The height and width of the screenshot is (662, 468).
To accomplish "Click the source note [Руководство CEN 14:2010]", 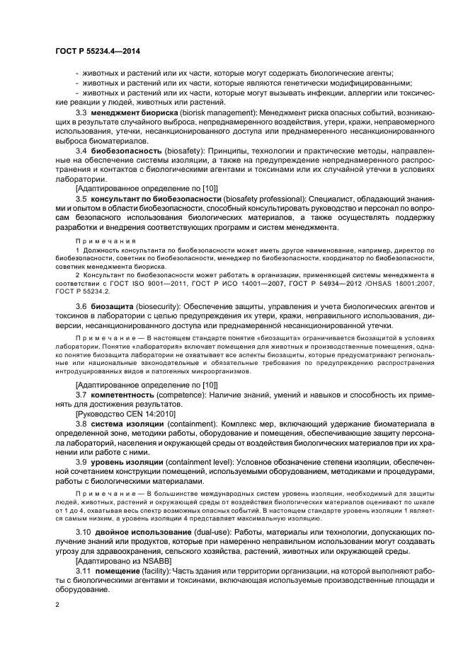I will pyautogui.click(x=120, y=413).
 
